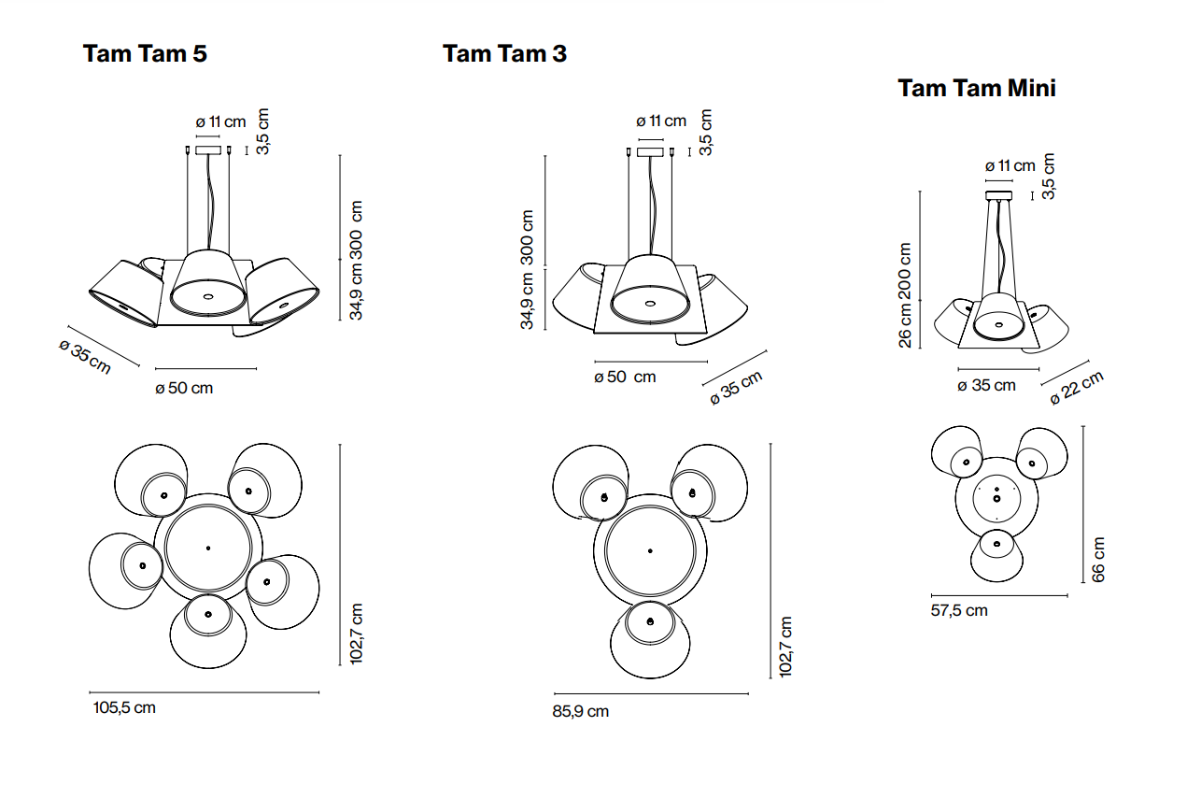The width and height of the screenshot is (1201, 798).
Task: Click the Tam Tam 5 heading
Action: tap(145, 53)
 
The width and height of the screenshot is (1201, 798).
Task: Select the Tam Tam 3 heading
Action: tap(504, 53)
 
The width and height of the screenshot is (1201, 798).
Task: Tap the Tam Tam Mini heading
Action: tap(976, 88)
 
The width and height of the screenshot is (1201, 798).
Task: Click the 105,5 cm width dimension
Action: tap(124, 707)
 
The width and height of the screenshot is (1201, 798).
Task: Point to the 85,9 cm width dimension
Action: tap(580, 711)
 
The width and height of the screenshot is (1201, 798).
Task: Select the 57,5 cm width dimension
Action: tap(959, 610)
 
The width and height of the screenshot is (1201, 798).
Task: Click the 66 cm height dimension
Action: tap(1098, 559)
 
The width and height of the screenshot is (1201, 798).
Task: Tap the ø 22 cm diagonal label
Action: tap(1077, 387)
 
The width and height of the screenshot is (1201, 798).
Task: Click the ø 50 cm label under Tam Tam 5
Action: tap(184, 388)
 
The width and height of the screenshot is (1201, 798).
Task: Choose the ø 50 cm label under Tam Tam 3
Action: tap(625, 377)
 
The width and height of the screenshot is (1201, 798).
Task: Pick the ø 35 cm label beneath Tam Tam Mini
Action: tap(987, 385)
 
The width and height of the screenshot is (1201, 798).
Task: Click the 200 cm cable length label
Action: tap(905, 271)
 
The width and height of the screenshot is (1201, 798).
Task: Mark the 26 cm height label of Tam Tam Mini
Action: tap(905, 327)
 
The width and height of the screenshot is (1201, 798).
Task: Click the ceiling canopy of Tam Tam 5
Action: tap(208, 150)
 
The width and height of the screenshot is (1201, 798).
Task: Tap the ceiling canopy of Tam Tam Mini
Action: tap(999, 194)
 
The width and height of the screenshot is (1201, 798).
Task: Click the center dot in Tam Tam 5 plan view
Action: tap(207, 548)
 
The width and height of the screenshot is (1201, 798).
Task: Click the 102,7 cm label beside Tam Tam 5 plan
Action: tap(355, 634)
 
